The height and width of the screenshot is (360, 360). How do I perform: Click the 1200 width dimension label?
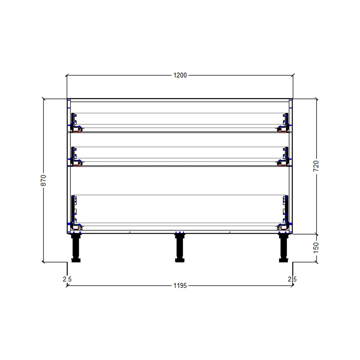pos(180,75)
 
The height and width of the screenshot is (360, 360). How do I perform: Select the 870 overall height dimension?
pos(43,180)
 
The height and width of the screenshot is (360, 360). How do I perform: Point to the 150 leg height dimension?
pos(316,247)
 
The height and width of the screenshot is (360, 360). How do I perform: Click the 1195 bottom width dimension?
pos(180,286)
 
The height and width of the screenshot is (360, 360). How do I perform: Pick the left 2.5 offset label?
pos(67,279)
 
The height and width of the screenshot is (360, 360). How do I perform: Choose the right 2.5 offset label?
pos(292,279)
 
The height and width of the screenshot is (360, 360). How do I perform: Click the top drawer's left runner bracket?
pos(75,122)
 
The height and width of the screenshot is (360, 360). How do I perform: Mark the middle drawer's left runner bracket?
pos(75,156)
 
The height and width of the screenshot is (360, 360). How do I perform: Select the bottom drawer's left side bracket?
pos(75,212)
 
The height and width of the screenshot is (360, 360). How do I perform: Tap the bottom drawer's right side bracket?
pos(285,212)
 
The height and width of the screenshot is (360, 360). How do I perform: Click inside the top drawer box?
pos(180,119)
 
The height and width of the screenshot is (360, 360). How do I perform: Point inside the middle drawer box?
pos(180,153)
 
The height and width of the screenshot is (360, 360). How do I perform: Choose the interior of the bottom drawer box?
pos(180,211)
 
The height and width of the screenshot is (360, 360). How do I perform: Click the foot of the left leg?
pos(76,260)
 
